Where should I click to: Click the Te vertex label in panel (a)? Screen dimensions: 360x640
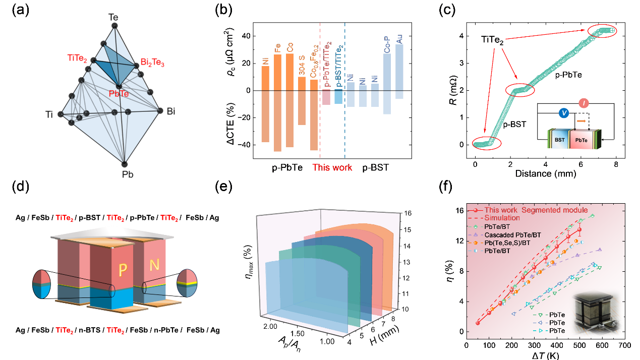coord(114,17)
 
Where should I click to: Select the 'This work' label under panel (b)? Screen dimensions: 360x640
coord(332,167)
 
